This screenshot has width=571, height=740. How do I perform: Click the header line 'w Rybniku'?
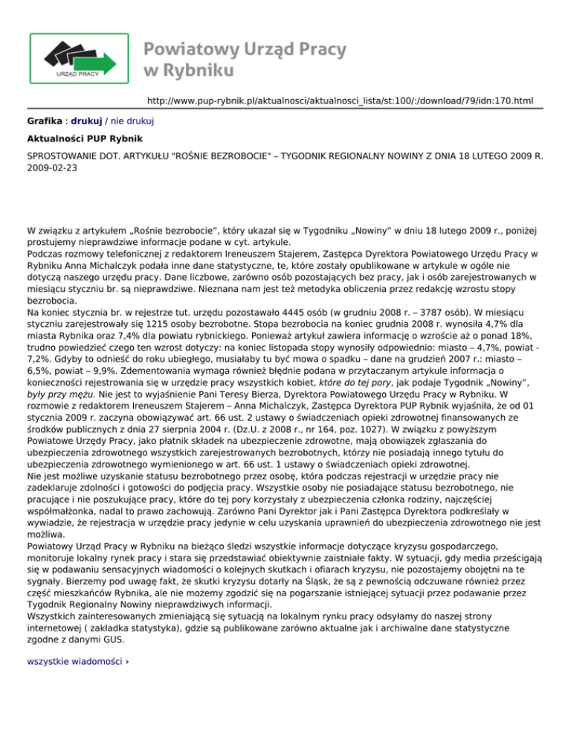pyautogui.click(x=189, y=71)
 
